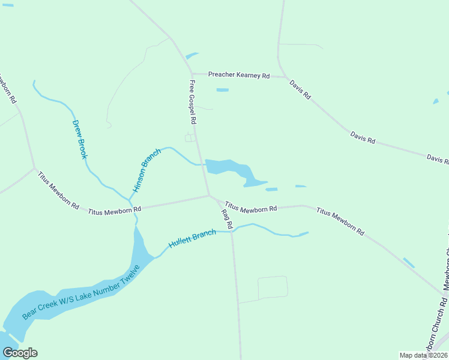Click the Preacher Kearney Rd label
coord(238,75)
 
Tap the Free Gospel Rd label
coord(193,102)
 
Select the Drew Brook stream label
coord(80,139)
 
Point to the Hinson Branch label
coord(146,170)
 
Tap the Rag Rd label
coord(226,220)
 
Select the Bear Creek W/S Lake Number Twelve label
coord(80,292)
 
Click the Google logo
coord(19,352)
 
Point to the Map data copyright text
coord(423,355)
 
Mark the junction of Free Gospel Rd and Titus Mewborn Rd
coord(209,195)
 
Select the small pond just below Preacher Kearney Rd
coord(222,90)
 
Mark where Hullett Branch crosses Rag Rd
coord(232,231)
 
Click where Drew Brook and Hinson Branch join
coord(130,200)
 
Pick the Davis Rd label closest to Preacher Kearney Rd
coord(300,89)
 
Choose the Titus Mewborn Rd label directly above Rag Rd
coord(251,208)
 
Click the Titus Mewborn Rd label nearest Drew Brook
coord(114,211)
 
